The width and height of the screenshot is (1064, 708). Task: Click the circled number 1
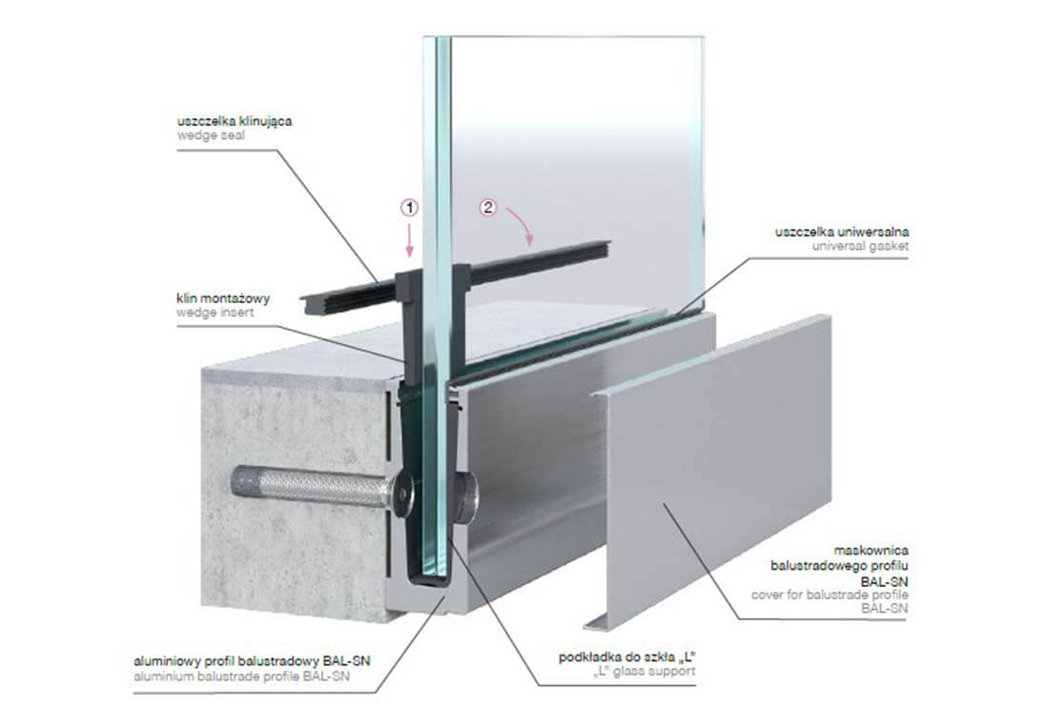pyautogui.click(x=409, y=208)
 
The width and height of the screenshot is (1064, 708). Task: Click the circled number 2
pyautogui.click(x=488, y=208)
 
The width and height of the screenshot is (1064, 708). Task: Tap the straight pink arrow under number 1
pyautogui.click(x=409, y=241)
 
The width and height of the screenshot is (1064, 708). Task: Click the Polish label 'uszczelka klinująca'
pyautogui.click(x=235, y=121)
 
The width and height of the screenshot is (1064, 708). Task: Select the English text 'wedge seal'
pyautogui.click(x=211, y=135)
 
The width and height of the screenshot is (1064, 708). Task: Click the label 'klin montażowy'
pyautogui.click(x=223, y=298)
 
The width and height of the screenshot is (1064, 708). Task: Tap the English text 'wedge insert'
pyautogui.click(x=215, y=313)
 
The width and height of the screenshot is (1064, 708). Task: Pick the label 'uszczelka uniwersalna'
pyautogui.click(x=842, y=232)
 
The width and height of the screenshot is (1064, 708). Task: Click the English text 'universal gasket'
pyautogui.click(x=860, y=246)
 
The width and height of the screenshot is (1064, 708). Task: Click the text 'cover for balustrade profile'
pyautogui.click(x=829, y=595)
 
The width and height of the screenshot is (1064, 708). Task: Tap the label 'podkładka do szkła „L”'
pyautogui.click(x=628, y=657)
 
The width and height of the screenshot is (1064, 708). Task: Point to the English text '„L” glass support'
pyautogui.click(x=645, y=672)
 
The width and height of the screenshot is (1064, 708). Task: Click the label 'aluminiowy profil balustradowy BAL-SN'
pyautogui.click(x=253, y=662)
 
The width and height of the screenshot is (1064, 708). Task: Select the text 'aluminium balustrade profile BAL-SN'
pyautogui.click(x=242, y=677)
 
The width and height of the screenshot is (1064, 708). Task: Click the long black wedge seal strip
pyautogui.click(x=455, y=276)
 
